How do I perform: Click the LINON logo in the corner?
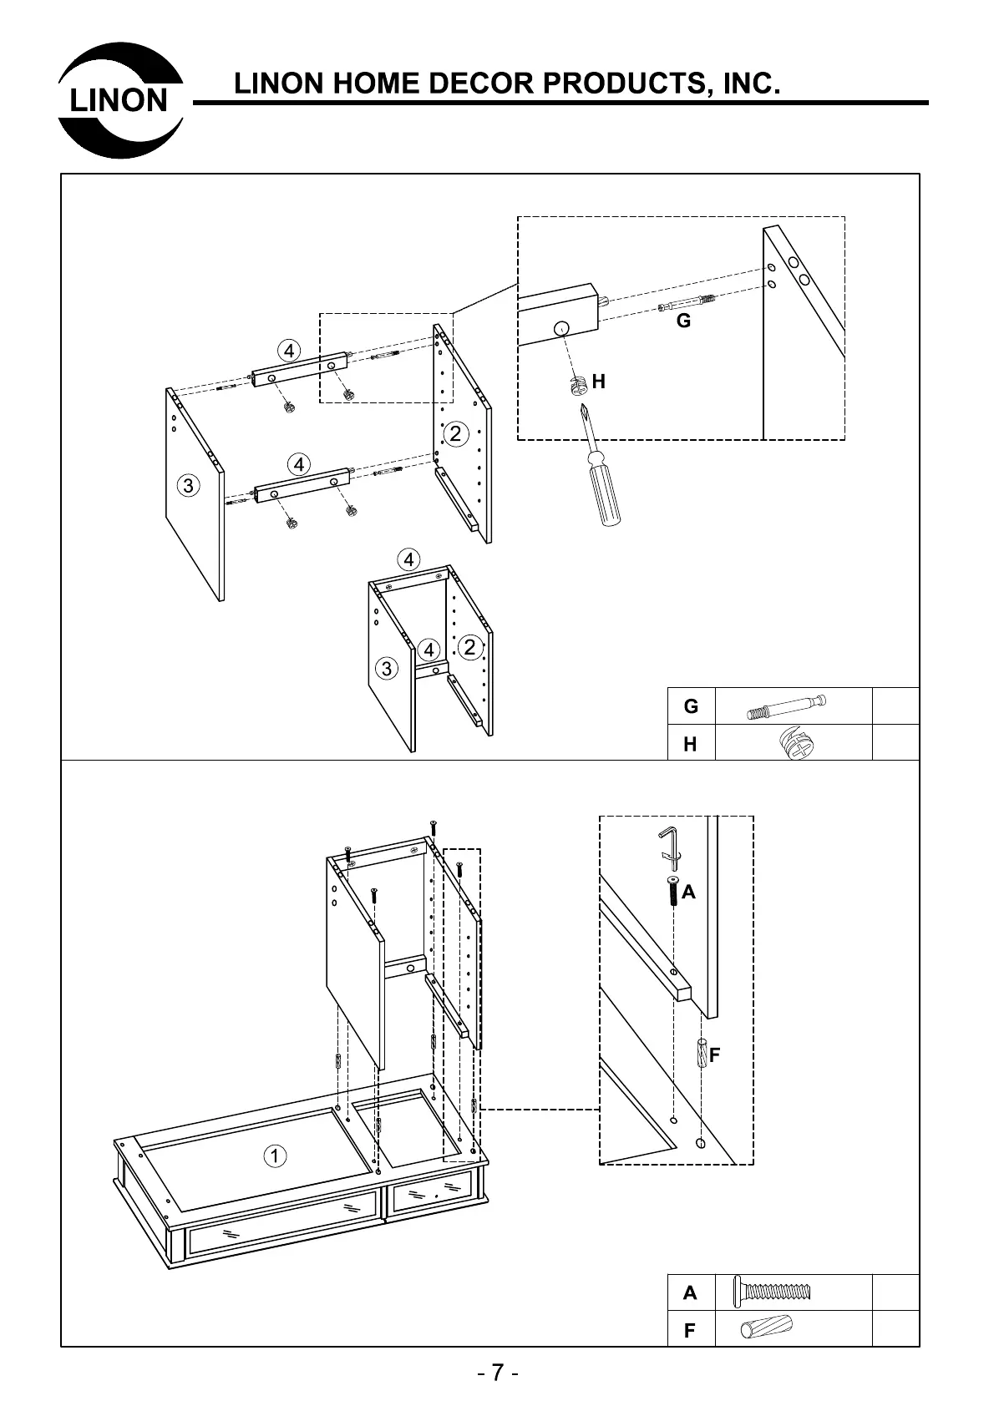tap(120, 100)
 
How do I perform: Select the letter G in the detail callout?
tap(683, 321)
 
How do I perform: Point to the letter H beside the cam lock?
tap(598, 382)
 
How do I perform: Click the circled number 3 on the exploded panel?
tap(189, 484)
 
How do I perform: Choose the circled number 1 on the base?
tap(275, 1156)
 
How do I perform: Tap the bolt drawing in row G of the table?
tap(786, 706)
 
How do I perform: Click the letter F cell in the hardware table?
tap(690, 1330)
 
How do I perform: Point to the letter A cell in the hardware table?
tap(690, 1292)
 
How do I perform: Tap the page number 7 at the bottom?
tap(498, 1373)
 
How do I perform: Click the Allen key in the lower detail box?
tap(669, 843)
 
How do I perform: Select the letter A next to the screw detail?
tap(688, 892)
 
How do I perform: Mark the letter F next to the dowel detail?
tap(714, 1054)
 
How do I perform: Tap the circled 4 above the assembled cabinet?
tap(408, 559)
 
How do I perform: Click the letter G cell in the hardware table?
tap(691, 706)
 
